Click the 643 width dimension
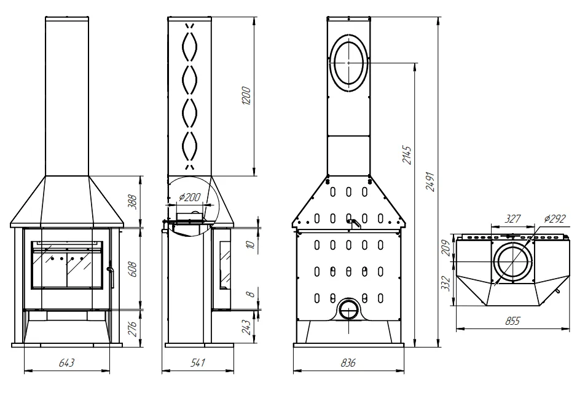pos(67,362)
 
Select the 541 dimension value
pos(197,362)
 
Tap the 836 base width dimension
pos(348,362)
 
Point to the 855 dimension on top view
pos(512,320)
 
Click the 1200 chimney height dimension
pos(246,95)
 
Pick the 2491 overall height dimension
pos(430,181)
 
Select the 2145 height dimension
pos(407,155)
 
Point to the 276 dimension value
pos(133,328)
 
